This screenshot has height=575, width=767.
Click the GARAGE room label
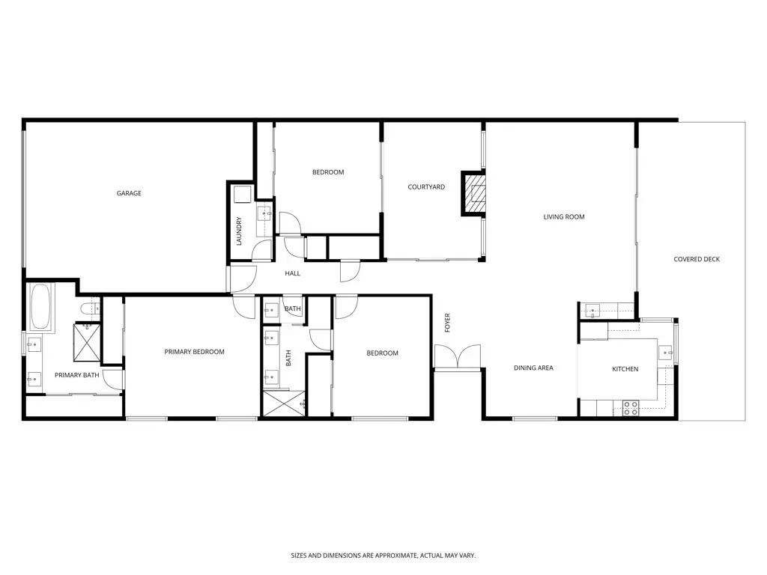129,193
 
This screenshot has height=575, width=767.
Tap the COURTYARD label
426,187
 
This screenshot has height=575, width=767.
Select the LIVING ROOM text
564,217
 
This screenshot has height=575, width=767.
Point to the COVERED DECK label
697,260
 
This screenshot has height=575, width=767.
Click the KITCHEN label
625,369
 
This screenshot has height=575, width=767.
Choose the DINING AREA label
533,368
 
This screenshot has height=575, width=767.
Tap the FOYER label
448,323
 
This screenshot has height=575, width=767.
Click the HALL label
292,273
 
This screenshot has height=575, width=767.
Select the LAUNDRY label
239,231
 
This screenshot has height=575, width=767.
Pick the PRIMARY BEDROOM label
194,352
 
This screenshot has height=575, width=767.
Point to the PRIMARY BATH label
76,375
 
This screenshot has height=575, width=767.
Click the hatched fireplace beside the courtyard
474,194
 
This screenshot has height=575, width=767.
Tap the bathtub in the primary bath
41,307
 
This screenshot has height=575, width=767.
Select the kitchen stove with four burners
631,408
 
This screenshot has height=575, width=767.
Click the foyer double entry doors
457,357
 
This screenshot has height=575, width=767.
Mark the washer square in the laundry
242,195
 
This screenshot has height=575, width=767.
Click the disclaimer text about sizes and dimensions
383,556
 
